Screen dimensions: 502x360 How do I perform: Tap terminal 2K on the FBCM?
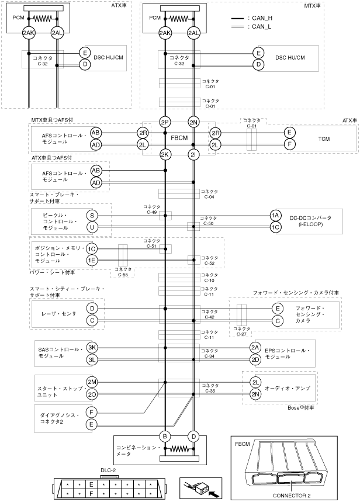[x=165, y=155]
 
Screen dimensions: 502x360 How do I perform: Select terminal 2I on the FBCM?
[x=193, y=155]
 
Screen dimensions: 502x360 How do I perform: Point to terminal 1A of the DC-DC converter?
[x=275, y=215]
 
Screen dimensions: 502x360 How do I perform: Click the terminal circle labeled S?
[x=92, y=216]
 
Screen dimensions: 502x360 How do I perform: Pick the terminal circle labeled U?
[x=92, y=227]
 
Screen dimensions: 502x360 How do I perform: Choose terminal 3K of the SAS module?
[x=92, y=347]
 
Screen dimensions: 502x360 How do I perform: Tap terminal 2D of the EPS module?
[x=255, y=359]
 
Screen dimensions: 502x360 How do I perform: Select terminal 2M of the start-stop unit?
[x=92, y=382]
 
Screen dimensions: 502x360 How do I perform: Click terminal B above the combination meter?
[x=165, y=435]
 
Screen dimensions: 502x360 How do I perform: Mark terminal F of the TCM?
[x=288, y=144]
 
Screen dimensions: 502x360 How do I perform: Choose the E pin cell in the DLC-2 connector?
[x=91, y=484]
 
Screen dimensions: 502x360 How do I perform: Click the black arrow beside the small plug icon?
[x=216, y=494]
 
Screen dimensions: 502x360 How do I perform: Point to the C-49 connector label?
[x=151, y=209]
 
